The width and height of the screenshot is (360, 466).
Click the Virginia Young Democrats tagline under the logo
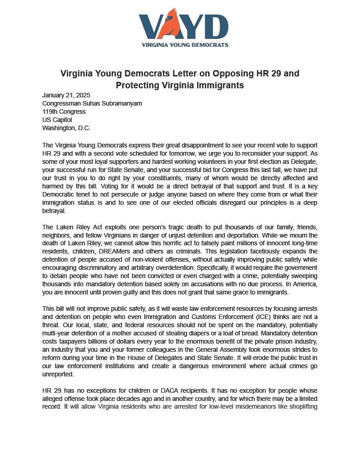click(185, 45)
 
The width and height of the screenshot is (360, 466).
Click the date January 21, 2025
click(66, 95)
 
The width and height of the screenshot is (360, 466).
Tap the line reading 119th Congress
click(64, 111)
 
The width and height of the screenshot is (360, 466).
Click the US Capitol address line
click(57, 120)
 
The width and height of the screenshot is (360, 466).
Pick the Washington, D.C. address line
click(66, 128)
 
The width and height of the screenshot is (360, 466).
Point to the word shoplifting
click(302, 406)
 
